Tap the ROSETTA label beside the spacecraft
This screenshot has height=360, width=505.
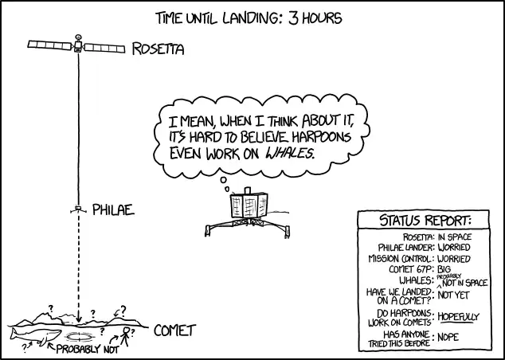(158, 49)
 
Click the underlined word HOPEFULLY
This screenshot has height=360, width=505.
(459, 316)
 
